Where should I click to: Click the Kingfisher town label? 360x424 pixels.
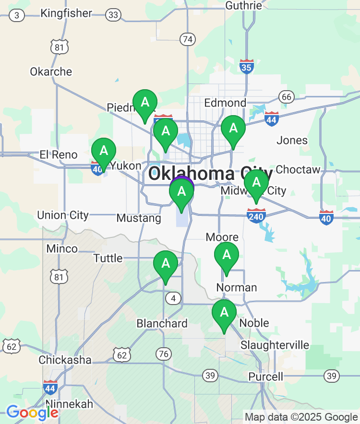click(66, 13)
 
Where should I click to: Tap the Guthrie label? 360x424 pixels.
click(244, 5)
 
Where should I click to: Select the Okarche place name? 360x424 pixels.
click(51, 72)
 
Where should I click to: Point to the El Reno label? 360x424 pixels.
click(58, 155)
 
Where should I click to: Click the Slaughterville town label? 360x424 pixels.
click(275, 345)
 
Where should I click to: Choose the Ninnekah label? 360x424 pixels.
click(69, 404)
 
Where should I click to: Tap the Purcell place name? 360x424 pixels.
click(266, 377)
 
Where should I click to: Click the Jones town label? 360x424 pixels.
click(292, 141)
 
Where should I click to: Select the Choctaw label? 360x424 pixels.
click(298, 170)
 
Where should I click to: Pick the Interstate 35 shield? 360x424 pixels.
click(246, 67)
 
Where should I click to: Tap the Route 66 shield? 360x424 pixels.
click(287, 97)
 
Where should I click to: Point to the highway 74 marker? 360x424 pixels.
click(187, 39)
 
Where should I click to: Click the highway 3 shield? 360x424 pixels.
click(17, 16)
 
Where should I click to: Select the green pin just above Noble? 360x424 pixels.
click(224, 314)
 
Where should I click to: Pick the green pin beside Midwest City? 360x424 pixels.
click(256, 184)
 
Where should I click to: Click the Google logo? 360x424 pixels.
click(32, 412)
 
